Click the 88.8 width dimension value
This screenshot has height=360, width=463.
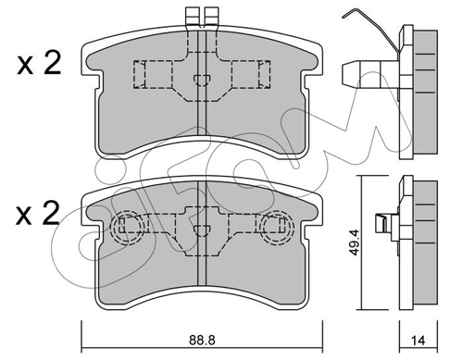click(202, 340)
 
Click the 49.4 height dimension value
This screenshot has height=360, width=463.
click(355, 242)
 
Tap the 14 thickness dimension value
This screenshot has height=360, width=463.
click(419, 341)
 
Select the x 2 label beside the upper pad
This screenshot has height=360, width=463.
click(39, 64)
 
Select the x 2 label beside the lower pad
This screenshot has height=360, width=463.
click(38, 213)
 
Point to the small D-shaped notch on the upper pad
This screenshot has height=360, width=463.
click(202, 81)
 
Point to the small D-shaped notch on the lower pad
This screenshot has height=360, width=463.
click(202, 230)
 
